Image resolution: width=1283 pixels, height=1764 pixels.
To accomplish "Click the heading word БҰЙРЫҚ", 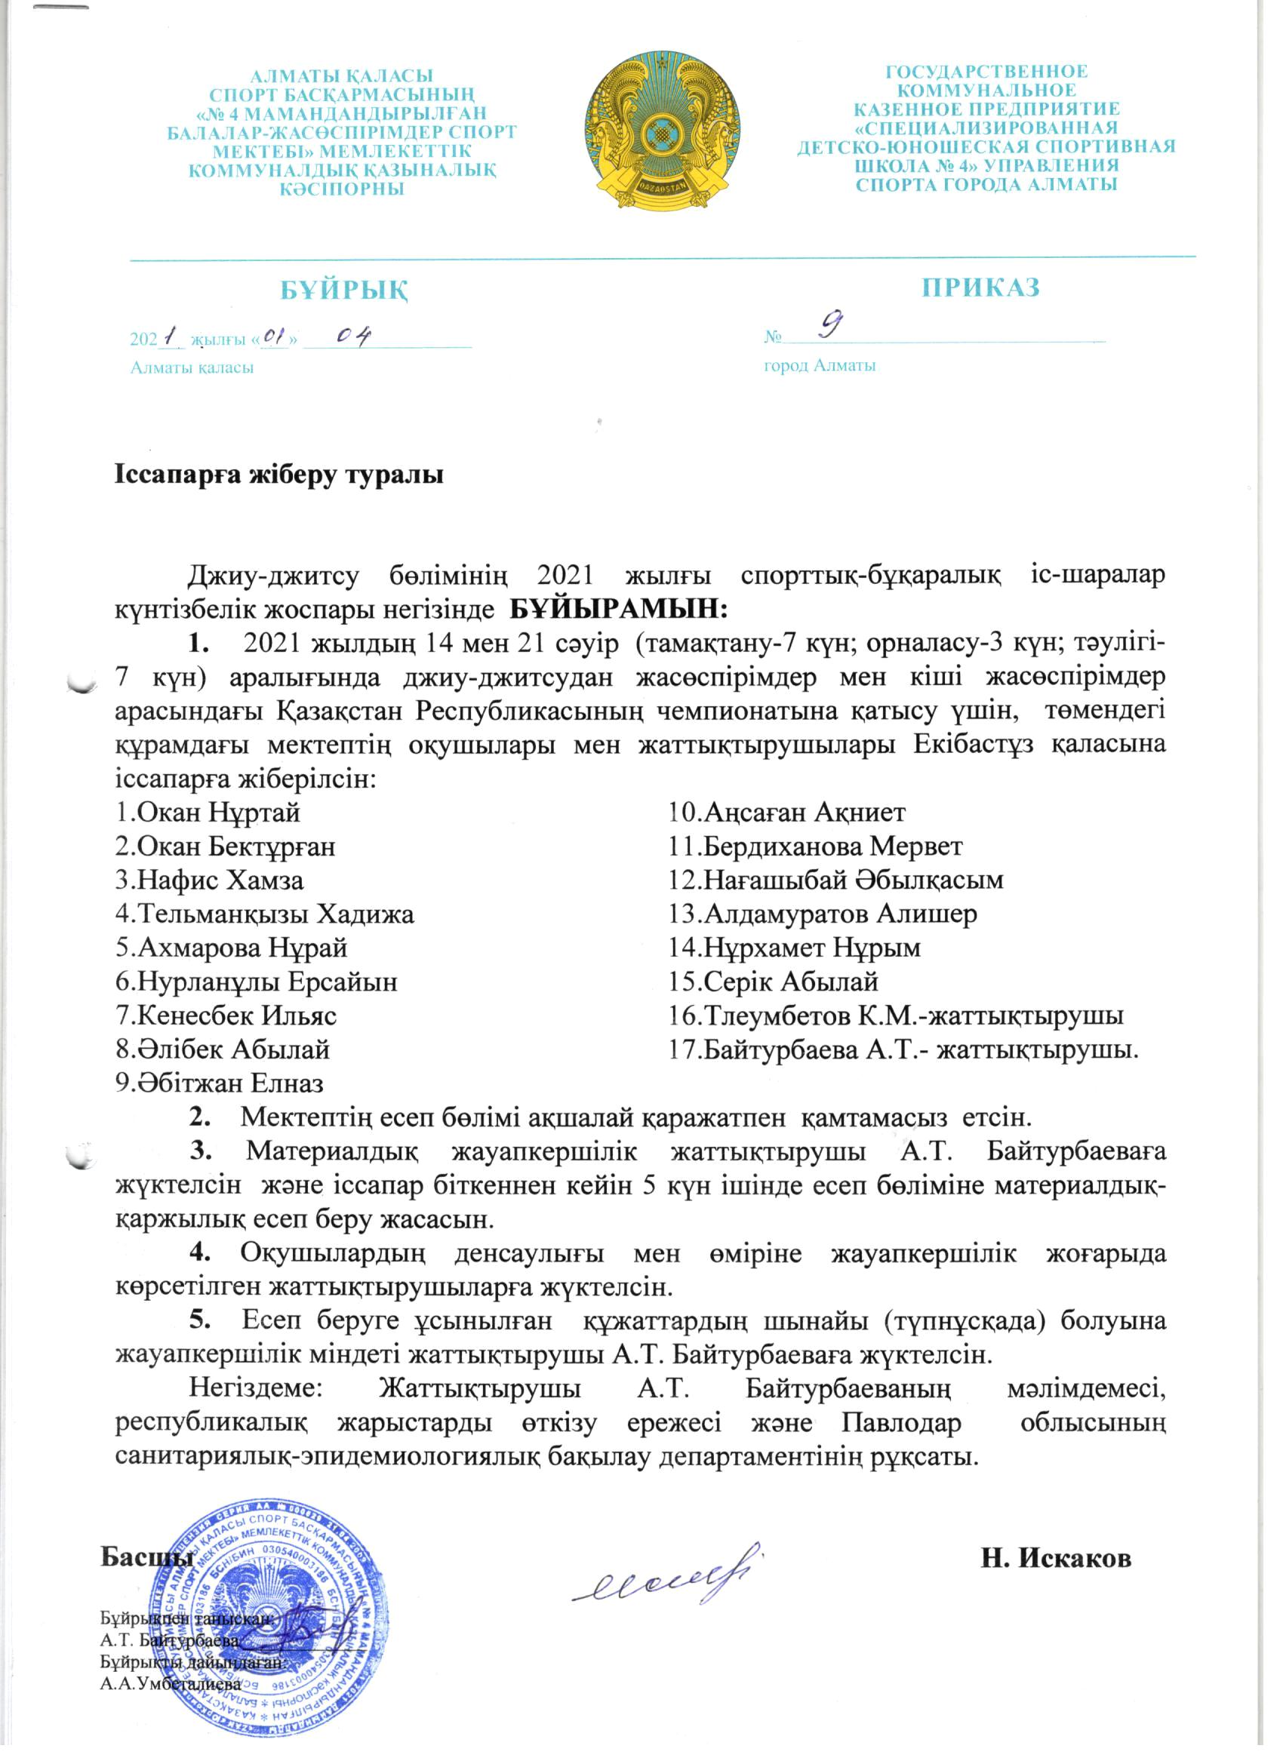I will [345, 290].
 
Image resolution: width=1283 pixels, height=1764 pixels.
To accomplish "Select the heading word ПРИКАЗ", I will [980, 287].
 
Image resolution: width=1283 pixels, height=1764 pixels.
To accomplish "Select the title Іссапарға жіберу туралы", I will [279, 475].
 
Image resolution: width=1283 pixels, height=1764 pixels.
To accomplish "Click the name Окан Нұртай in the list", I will [208, 813].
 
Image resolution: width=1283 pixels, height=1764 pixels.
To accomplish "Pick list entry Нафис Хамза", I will [209, 880].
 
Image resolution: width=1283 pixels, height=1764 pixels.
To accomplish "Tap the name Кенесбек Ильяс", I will [226, 1015].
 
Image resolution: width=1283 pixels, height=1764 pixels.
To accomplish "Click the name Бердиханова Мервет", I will [816, 847].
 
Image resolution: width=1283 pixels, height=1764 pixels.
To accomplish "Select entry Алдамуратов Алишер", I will [823, 914].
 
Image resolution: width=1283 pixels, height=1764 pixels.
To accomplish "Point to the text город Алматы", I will [820, 367].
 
